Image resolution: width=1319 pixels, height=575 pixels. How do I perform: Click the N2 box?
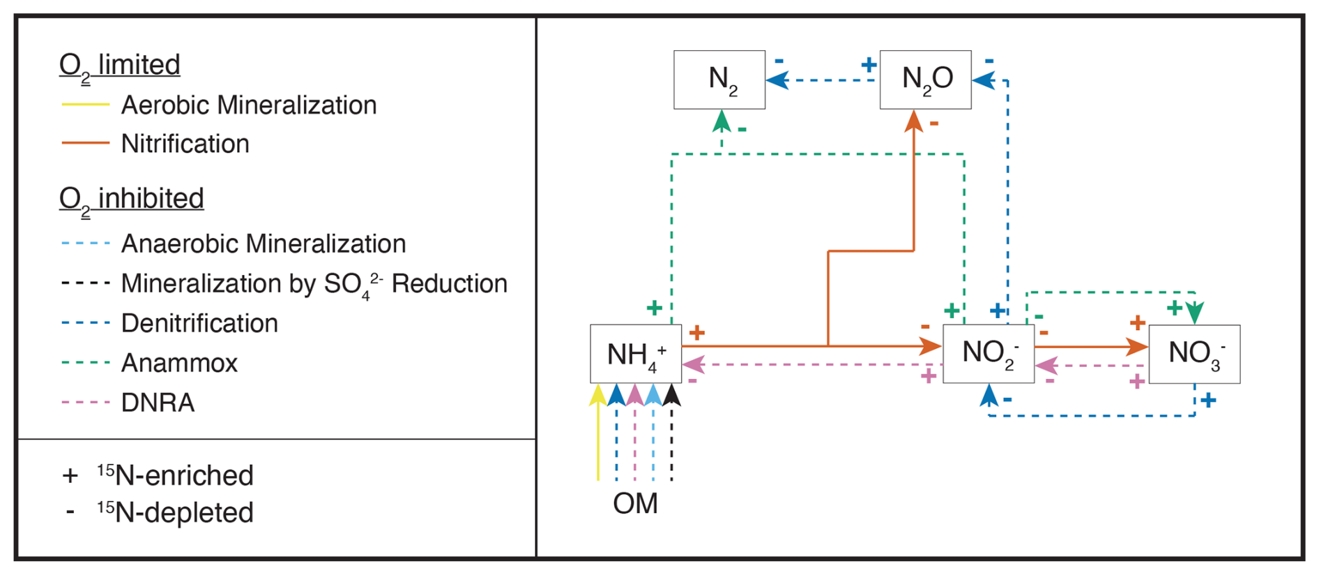pyautogui.click(x=719, y=80)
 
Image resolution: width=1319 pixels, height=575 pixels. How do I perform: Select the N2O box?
pyautogui.click(x=925, y=80)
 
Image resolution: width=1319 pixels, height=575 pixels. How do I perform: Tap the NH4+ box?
pyautogui.click(x=635, y=354)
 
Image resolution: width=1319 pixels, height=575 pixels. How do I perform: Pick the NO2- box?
pyautogui.click(x=988, y=354)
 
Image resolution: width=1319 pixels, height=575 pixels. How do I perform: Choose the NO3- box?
pyautogui.click(x=1194, y=354)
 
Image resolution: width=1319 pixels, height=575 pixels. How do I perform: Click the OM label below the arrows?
pyautogui.click(x=635, y=503)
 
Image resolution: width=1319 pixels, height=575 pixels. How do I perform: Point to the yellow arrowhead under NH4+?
pyautogui.click(x=597, y=395)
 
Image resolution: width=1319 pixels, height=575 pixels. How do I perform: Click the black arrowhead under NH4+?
pyautogui.click(x=671, y=395)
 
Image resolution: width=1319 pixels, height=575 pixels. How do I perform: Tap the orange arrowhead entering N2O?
pyautogui.click(x=913, y=121)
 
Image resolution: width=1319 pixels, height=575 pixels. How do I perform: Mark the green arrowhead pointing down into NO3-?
pyautogui.click(x=1195, y=313)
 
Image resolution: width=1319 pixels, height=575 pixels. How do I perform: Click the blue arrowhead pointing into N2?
pyautogui.click(x=777, y=80)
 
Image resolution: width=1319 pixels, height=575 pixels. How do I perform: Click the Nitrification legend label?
pyautogui.click(x=185, y=144)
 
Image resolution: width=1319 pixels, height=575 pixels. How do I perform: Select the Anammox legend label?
pyautogui.click(x=179, y=363)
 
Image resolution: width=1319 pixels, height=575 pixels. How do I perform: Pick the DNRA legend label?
pyautogui.click(x=158, y=403)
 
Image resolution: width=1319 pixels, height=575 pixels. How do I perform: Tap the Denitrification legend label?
pyautogui.click(x=199, y=323)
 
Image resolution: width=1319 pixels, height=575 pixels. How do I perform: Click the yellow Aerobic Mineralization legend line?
pyautogui.click(x=86, y=105)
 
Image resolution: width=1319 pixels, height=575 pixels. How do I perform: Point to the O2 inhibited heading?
pyautogui.click(x=131, y=199)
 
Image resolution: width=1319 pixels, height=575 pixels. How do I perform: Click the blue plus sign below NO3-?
pyautogui.click(x=1209, y=401)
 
